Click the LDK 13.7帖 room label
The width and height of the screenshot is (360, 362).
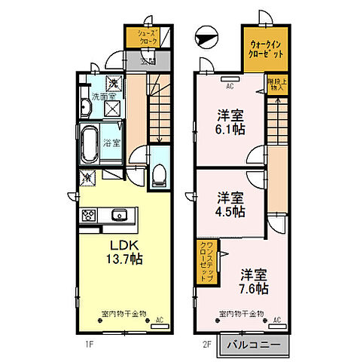coord(120,252)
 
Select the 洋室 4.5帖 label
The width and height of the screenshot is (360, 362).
coord(231,204)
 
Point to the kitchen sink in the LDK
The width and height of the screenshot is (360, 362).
coord(119,216)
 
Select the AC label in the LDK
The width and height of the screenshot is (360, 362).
coord(159,321)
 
